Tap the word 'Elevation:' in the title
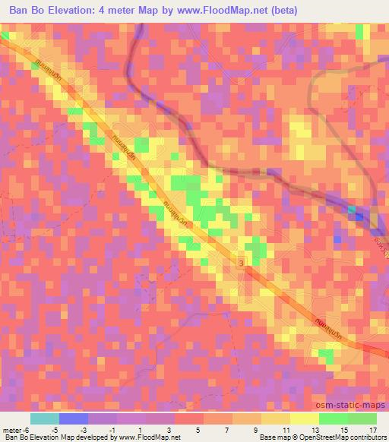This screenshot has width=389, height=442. tap(74, 10)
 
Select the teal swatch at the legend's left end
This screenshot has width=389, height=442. tap(44, 418)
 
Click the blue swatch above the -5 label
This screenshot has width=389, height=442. tap(73, 418)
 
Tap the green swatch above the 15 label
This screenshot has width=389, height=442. tap(333, 418)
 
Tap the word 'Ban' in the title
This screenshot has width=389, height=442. tap(21, 10)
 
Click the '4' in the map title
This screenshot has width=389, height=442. tap(111, 10)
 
